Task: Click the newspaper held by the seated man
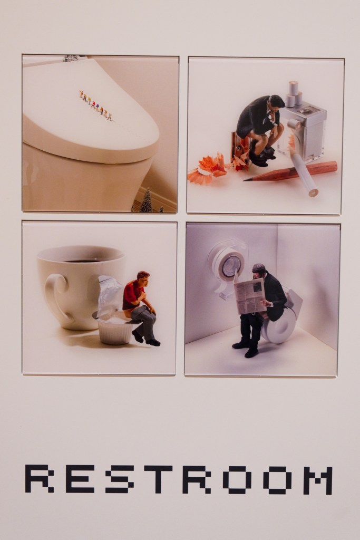tap(250, 295)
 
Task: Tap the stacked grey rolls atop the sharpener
tap(294, 94)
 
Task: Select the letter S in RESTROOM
tap(119, 479)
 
